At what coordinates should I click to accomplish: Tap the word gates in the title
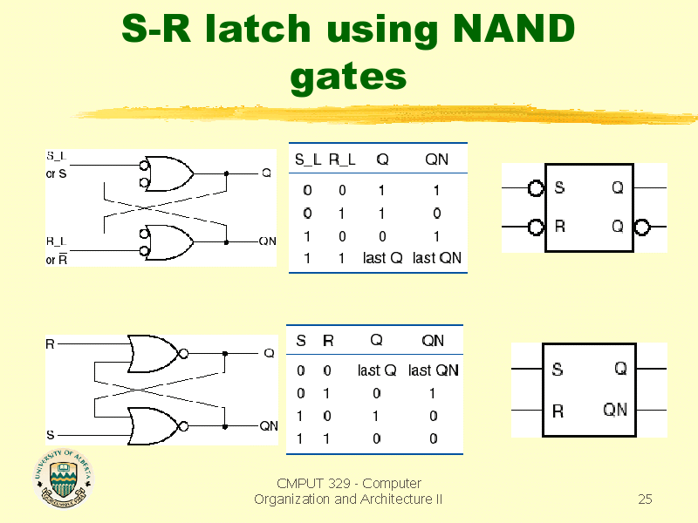tap(348, 78)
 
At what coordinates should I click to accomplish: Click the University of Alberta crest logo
tap(62, 479)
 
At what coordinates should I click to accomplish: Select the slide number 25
tap(645, 499)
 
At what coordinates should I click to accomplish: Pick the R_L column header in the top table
tap(342, 159)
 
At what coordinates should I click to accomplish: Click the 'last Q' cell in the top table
tap(382, 258)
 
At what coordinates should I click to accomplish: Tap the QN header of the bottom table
tap(433, 340)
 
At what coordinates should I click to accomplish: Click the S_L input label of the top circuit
tap(55, 155)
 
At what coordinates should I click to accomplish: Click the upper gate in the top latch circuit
tap(169, 173)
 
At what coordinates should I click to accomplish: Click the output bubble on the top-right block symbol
tap(642, 228)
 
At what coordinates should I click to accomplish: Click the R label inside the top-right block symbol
tap(559, 227)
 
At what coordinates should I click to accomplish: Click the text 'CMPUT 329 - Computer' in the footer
tap(348, 483)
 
